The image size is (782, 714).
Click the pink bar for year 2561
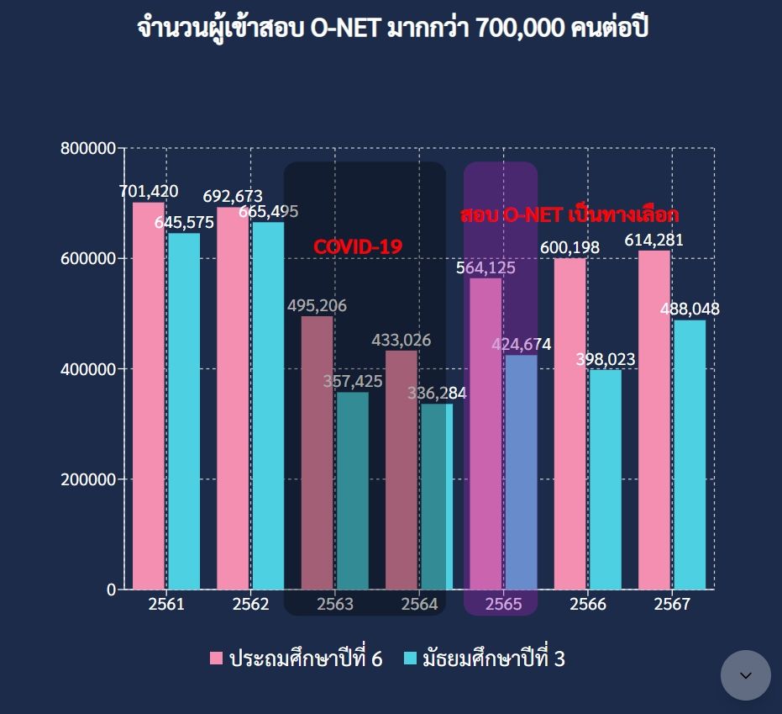(x=149, y=395)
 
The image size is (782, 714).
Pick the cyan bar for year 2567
(x=690, y=454)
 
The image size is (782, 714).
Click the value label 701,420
(x=149, y=192)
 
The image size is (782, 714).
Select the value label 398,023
(x=606, y=360)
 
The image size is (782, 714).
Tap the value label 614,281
(x=653, y=241)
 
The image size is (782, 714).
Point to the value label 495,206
(x=317, y=306)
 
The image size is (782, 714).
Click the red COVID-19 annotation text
(x=358, y=247)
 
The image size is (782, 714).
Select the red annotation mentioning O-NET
(x=569, y=214)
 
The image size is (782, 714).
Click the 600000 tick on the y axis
(x=88, y=259)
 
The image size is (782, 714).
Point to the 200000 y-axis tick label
(x=88, y=479)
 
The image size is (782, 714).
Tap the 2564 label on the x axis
(x=419, y=605)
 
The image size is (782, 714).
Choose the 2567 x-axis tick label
(x=672, y=605)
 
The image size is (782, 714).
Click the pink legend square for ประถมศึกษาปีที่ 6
(x=217, y=658)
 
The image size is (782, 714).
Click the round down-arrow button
(x=745, y=675)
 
